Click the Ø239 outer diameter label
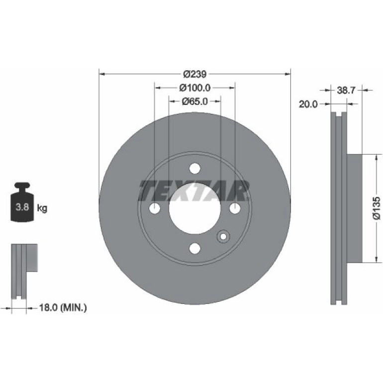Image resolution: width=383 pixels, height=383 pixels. (195, 74)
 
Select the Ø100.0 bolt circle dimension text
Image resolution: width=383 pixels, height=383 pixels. (195, 88)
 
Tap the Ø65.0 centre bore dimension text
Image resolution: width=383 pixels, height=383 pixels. (194, 101)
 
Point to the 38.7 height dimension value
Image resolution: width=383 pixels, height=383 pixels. (346, 91)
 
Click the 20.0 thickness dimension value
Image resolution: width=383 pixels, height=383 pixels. (308, 104)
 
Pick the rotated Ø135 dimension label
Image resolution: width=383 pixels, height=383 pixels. (377, 208)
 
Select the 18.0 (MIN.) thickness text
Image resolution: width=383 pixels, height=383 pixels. (63, 307)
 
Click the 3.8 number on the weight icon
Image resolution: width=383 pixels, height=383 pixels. (22, 207)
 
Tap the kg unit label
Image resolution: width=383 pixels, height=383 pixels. (42, 208)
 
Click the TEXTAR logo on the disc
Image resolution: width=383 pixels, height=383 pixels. (194, 191)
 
